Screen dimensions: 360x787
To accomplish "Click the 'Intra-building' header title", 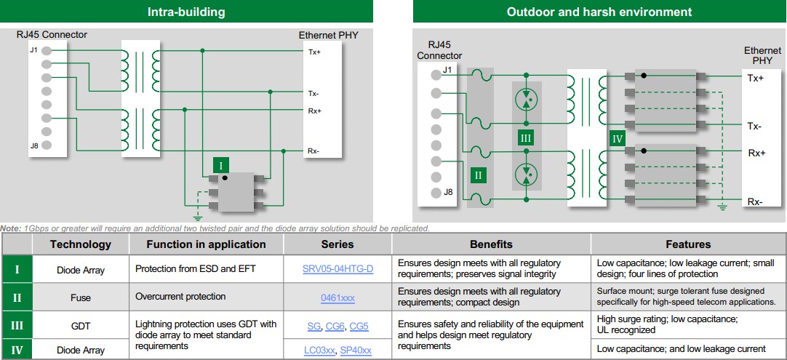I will pyautogui.click(x=186, y=12).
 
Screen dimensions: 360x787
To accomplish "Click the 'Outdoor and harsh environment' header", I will pyautogui.click(x=599, y=12).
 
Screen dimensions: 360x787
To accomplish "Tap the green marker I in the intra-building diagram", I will pyautogui.click(x=221, y=166).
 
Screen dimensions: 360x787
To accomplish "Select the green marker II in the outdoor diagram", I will pyautogui.click(x=478, y=175).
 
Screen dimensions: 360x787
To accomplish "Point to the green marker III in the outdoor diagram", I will pyautogui.click(x=526, y=137).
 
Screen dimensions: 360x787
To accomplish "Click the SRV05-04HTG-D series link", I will pyautogui.click(x=337, y=268).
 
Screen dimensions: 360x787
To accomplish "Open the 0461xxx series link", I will pyautogui.click(x=337, y=297).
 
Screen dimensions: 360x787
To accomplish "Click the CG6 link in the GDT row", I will pyautogui.click(x=335, y=327).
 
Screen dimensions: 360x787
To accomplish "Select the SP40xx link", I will pyautogui.click(x=356, y=351).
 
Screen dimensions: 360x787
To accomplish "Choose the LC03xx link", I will pyautogui.click(x=319, y=351).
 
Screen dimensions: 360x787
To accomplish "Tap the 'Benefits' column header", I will pyautogui.click(x=491, y=244).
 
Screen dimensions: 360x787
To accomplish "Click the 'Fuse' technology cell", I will pyautogui.click(x=80, y=297).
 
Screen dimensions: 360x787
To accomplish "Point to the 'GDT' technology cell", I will pyautogui.click(x=80, y=327).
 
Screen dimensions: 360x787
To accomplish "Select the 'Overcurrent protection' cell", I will pyautogui.click(x=180, y=297).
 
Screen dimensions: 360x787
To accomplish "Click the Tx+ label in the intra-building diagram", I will pyautogui.click(x=314, y=52).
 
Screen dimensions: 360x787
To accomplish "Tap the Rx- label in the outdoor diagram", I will pyautogui.click(x=755, y=201).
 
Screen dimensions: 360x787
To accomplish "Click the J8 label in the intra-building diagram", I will pyautogui.click(x=34, y=146).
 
